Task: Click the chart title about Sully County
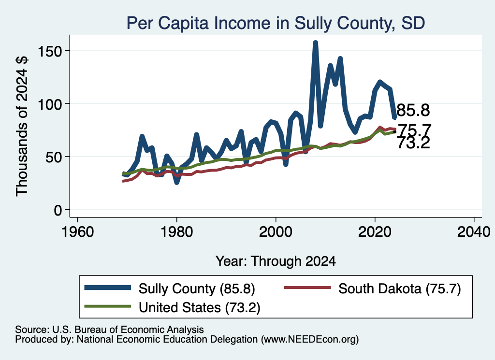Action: (x=276, y=23)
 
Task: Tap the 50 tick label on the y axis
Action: (x=54, y=157)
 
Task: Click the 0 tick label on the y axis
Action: (x=58, y=210)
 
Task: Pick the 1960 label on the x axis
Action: (x=78, y=232)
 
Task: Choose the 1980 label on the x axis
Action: (x=177, y=232)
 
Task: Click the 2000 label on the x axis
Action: (x=276, y=232)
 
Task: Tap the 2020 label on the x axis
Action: (x=375, y=232)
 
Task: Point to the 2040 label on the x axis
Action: (x=474, y=232)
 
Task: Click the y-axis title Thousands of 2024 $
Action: (x=22, y=126)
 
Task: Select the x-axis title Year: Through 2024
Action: (x=276, y=261)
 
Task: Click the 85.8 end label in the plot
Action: (x=413, y=111)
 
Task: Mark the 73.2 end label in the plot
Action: (x=413, y=143)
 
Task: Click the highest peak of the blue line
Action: (x=315, y=43)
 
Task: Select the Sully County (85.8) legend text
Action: (x=197, y=288)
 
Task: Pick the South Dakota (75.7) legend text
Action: (x=400, y=288)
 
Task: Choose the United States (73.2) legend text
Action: (x=200, y=307)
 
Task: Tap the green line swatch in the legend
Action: (x=108, y=306)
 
